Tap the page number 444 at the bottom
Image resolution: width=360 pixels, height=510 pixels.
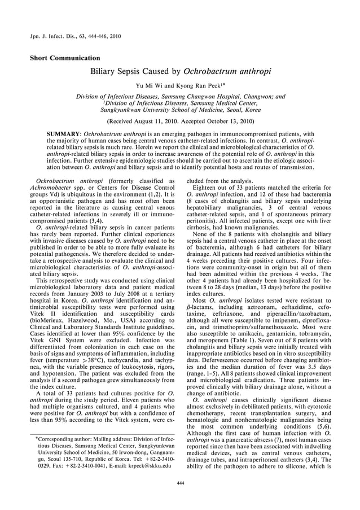(181, 483)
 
